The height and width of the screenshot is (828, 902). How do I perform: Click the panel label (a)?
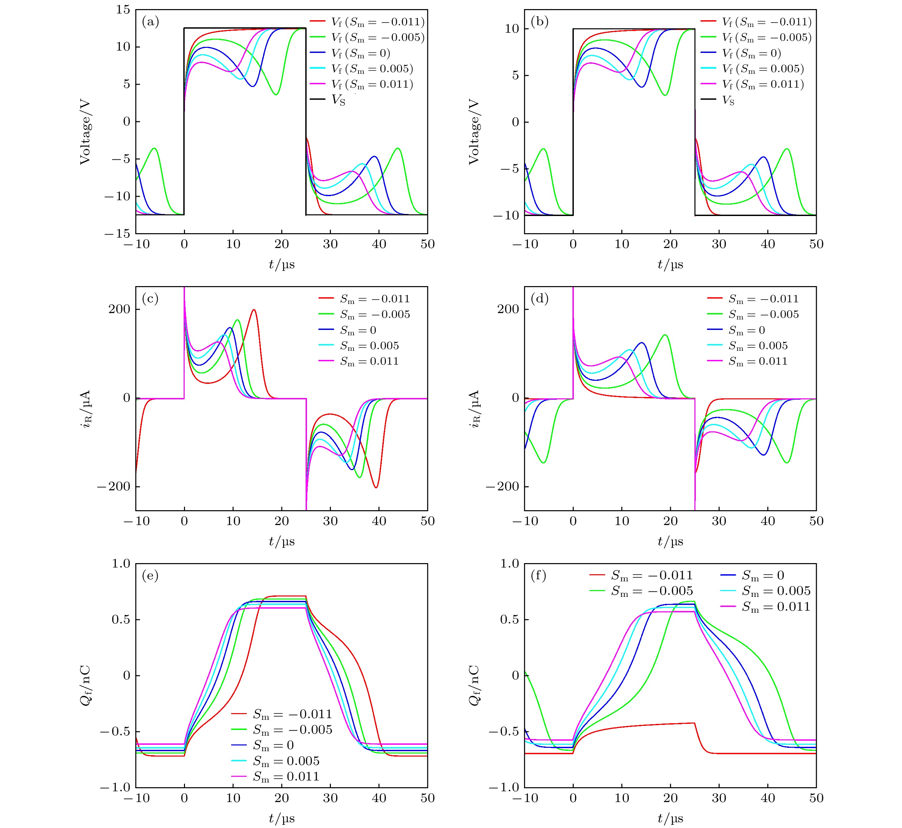click(x=150, y=22)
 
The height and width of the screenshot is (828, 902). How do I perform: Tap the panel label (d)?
click(x=539, y=299)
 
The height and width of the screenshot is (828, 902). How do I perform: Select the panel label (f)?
click(x=538, y=575)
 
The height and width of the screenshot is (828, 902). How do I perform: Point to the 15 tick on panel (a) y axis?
click(x=123, y=10)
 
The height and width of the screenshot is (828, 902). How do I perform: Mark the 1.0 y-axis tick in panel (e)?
click(x=121, y=564)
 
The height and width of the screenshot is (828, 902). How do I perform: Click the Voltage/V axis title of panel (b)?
click(x=474, y=132)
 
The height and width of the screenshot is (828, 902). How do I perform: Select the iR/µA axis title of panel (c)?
click(x=86, y=409)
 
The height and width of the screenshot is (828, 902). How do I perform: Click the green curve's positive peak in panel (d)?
click(x=665, y=335)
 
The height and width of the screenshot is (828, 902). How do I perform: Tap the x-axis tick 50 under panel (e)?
click(x=428, y=798)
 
